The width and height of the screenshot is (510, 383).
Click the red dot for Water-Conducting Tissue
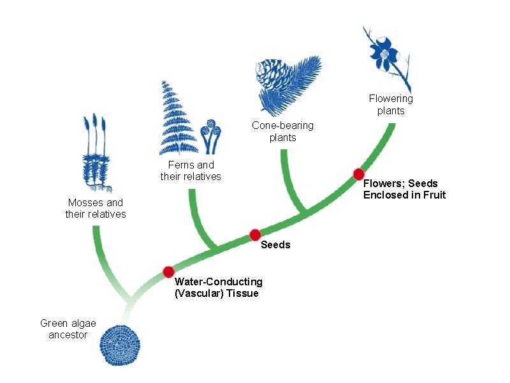coord(168,272)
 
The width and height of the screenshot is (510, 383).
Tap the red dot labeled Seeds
coord(254,234)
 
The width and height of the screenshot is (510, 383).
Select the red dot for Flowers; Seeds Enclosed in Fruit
coord(359,174)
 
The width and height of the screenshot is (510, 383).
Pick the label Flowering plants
coord(391,105)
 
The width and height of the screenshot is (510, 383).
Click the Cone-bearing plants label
coord(282,131)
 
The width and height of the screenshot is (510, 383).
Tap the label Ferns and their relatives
coord(191,170)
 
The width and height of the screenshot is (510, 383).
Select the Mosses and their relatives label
coord(96,208)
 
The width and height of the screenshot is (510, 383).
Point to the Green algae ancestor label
coord(68,329)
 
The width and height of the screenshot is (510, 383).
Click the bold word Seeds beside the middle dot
coord(276,244)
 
